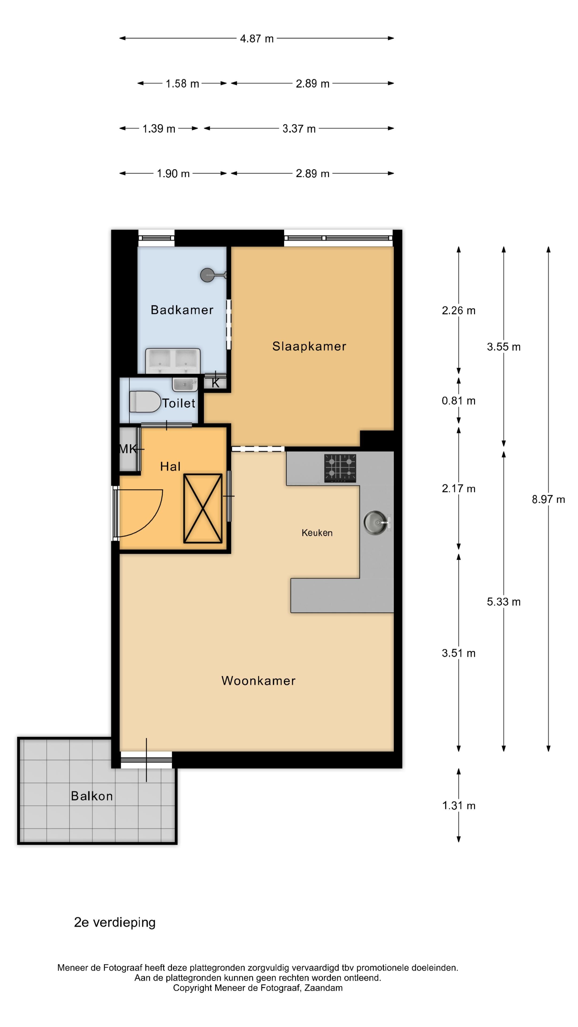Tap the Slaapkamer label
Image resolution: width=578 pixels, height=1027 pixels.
(309, 346)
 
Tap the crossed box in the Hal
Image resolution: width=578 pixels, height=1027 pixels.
(203, 508)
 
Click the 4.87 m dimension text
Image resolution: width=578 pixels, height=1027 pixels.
(257, 39)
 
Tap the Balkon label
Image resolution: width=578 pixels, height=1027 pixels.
(92, 796)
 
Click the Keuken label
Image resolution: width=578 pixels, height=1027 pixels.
(317, 533)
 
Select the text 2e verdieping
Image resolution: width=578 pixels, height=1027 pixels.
(115, 922)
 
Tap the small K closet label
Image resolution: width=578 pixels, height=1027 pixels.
(215, 384)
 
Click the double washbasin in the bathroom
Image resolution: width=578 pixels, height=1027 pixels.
(173, 360)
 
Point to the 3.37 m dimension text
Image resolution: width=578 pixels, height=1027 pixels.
(299, 129)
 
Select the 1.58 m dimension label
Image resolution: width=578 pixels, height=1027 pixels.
(182, 84)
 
